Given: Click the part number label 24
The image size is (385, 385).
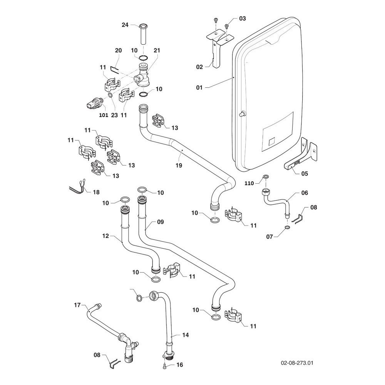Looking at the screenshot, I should point(125,25).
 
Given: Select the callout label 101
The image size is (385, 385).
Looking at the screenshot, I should point(93,115).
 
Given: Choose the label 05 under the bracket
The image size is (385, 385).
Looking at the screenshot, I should point(305,173).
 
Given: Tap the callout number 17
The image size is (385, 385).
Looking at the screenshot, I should point(77,305).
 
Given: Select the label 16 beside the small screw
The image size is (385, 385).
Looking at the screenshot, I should point(180,365).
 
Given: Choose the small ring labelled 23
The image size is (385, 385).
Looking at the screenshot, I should point(110,95).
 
